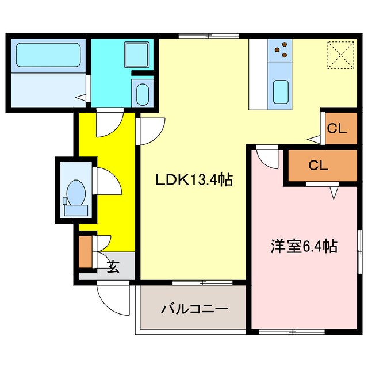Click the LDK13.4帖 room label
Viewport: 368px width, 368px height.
click(x=194, y=181)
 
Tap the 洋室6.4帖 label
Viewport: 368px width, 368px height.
click(x=304, y=247)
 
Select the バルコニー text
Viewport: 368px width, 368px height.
click(x=194, y=308)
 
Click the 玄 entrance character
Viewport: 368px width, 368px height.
click(x=113, y=267)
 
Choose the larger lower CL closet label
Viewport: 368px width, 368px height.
click(x=317, y=166)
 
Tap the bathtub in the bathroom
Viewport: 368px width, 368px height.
click(x=47, y=55)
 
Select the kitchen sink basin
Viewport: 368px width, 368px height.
click(x=280, y=91)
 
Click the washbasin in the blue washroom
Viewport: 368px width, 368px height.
click(x=141, y=93)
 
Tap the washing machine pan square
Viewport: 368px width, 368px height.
click(x=137, y=55)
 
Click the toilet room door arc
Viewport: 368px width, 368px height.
click(x=106, y=183)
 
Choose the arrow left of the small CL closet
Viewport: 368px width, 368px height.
click(x=313, y=138)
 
